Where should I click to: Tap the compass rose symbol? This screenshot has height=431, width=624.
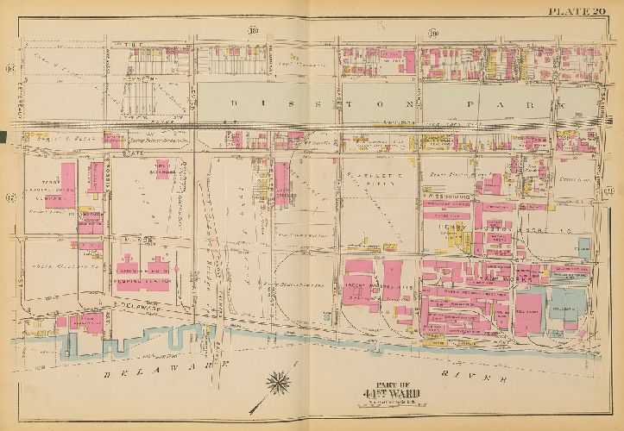pyautogui.click(x=281, y=378)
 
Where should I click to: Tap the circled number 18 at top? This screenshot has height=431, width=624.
pyautogui.click(x=254, y=33)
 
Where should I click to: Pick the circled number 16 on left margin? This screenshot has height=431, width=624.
pyautogui.click(x=10, y=68)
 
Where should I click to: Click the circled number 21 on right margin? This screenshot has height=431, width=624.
pyautogui.click(x=610, y=189)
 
